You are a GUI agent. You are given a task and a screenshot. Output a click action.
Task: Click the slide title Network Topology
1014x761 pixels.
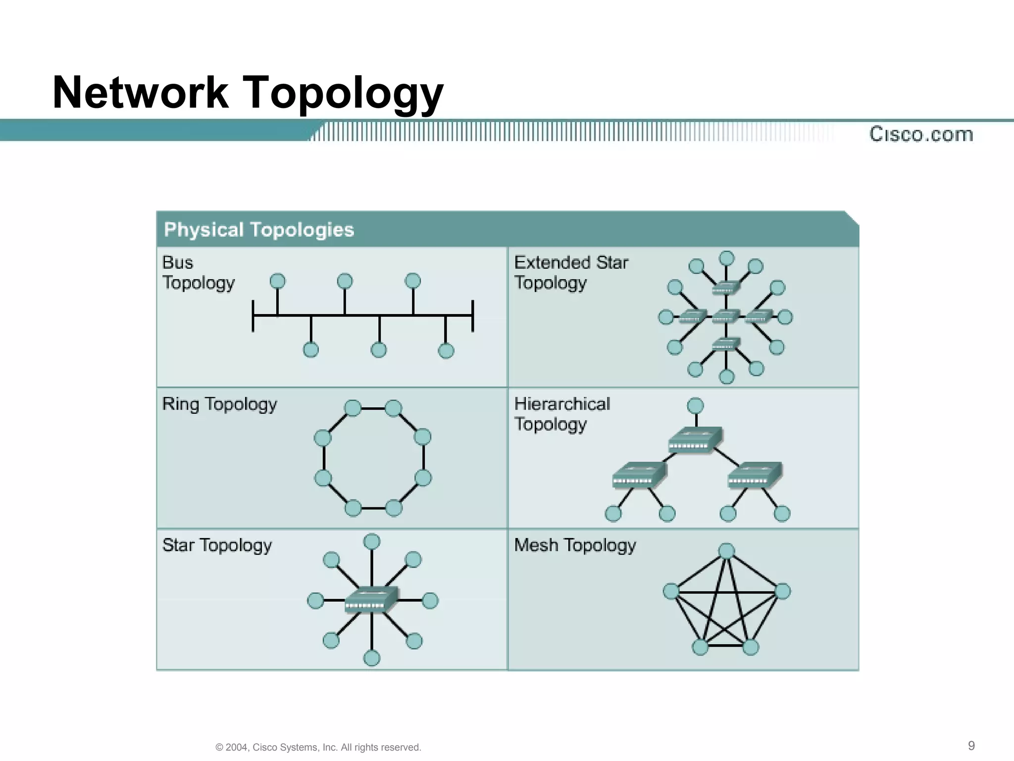248,93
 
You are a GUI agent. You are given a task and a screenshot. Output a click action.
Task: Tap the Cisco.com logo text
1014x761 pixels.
921,134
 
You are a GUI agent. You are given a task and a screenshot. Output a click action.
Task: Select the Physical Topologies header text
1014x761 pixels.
259,230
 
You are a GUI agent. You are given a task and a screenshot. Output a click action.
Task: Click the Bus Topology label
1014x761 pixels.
198,272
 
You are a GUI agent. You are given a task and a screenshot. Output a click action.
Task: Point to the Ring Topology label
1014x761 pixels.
219,404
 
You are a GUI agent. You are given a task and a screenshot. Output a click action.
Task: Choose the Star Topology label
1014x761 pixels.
217,545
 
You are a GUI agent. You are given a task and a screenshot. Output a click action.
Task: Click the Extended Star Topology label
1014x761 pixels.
571,272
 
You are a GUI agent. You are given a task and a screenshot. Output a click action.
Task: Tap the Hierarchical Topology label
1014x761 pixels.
562,414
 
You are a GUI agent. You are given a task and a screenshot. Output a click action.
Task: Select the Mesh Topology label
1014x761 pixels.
575,545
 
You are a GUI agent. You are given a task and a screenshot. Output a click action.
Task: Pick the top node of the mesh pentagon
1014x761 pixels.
726,551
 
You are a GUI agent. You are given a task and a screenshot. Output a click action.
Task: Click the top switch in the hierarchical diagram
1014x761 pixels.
695,439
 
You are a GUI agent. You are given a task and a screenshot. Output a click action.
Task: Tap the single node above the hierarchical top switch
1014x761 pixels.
696,406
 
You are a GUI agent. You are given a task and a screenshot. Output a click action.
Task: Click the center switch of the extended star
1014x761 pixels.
726,316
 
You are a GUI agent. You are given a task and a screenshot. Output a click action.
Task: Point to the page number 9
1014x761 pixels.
971,746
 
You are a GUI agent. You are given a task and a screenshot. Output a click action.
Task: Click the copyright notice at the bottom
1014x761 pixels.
318,747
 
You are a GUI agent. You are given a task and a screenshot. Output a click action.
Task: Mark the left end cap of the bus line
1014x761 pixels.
253,316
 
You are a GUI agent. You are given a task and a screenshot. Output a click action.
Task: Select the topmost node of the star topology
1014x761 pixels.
372,542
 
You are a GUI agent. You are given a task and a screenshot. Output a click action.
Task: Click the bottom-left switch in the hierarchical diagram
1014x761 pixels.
639,475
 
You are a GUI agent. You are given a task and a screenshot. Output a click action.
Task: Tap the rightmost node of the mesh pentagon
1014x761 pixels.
782,591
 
